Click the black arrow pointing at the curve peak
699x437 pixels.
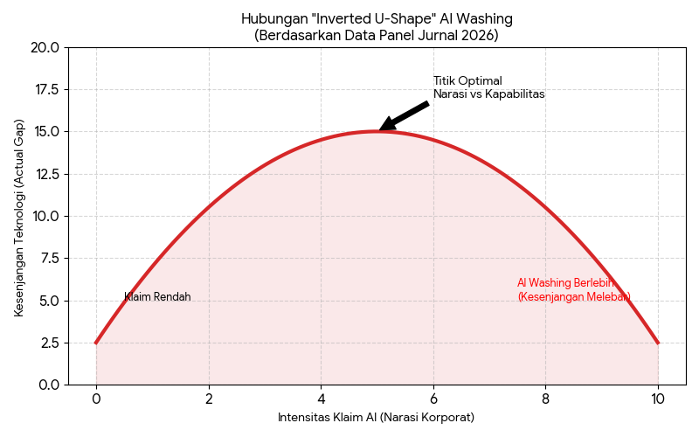[404, 116]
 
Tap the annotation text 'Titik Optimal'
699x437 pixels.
[467, 81]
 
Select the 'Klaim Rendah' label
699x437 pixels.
[157, 297]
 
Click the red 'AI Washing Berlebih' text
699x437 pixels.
[566, 283]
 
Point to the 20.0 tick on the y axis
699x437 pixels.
[45, 47]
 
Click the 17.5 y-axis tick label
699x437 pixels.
[45, 89]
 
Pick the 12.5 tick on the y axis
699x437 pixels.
[45, 174]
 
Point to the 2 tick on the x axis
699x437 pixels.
[209, 399]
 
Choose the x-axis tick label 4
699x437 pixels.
[322, 399]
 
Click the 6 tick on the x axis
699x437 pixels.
[433, 399]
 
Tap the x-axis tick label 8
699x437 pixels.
[546, 399]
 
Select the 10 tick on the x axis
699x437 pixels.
[658, 399]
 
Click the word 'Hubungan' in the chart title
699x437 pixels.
[266, 18]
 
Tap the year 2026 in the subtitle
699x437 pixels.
[480, 35]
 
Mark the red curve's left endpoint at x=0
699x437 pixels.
[96, 343]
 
